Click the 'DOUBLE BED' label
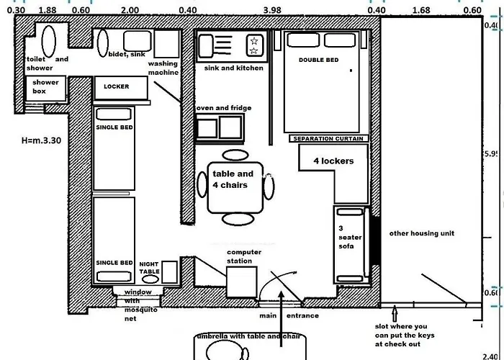318,60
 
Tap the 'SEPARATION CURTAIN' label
328,138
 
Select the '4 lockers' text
333,161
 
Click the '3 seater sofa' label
347,237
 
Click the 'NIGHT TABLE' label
149,267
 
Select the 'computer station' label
244,256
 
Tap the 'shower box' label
45,87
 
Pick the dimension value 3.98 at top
272,9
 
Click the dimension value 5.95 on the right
492,154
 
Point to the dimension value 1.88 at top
48,9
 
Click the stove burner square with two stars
254,45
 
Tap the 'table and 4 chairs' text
233,179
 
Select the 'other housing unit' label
422,233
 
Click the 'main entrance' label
288,315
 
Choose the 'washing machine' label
163,68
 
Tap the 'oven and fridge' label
224,108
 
